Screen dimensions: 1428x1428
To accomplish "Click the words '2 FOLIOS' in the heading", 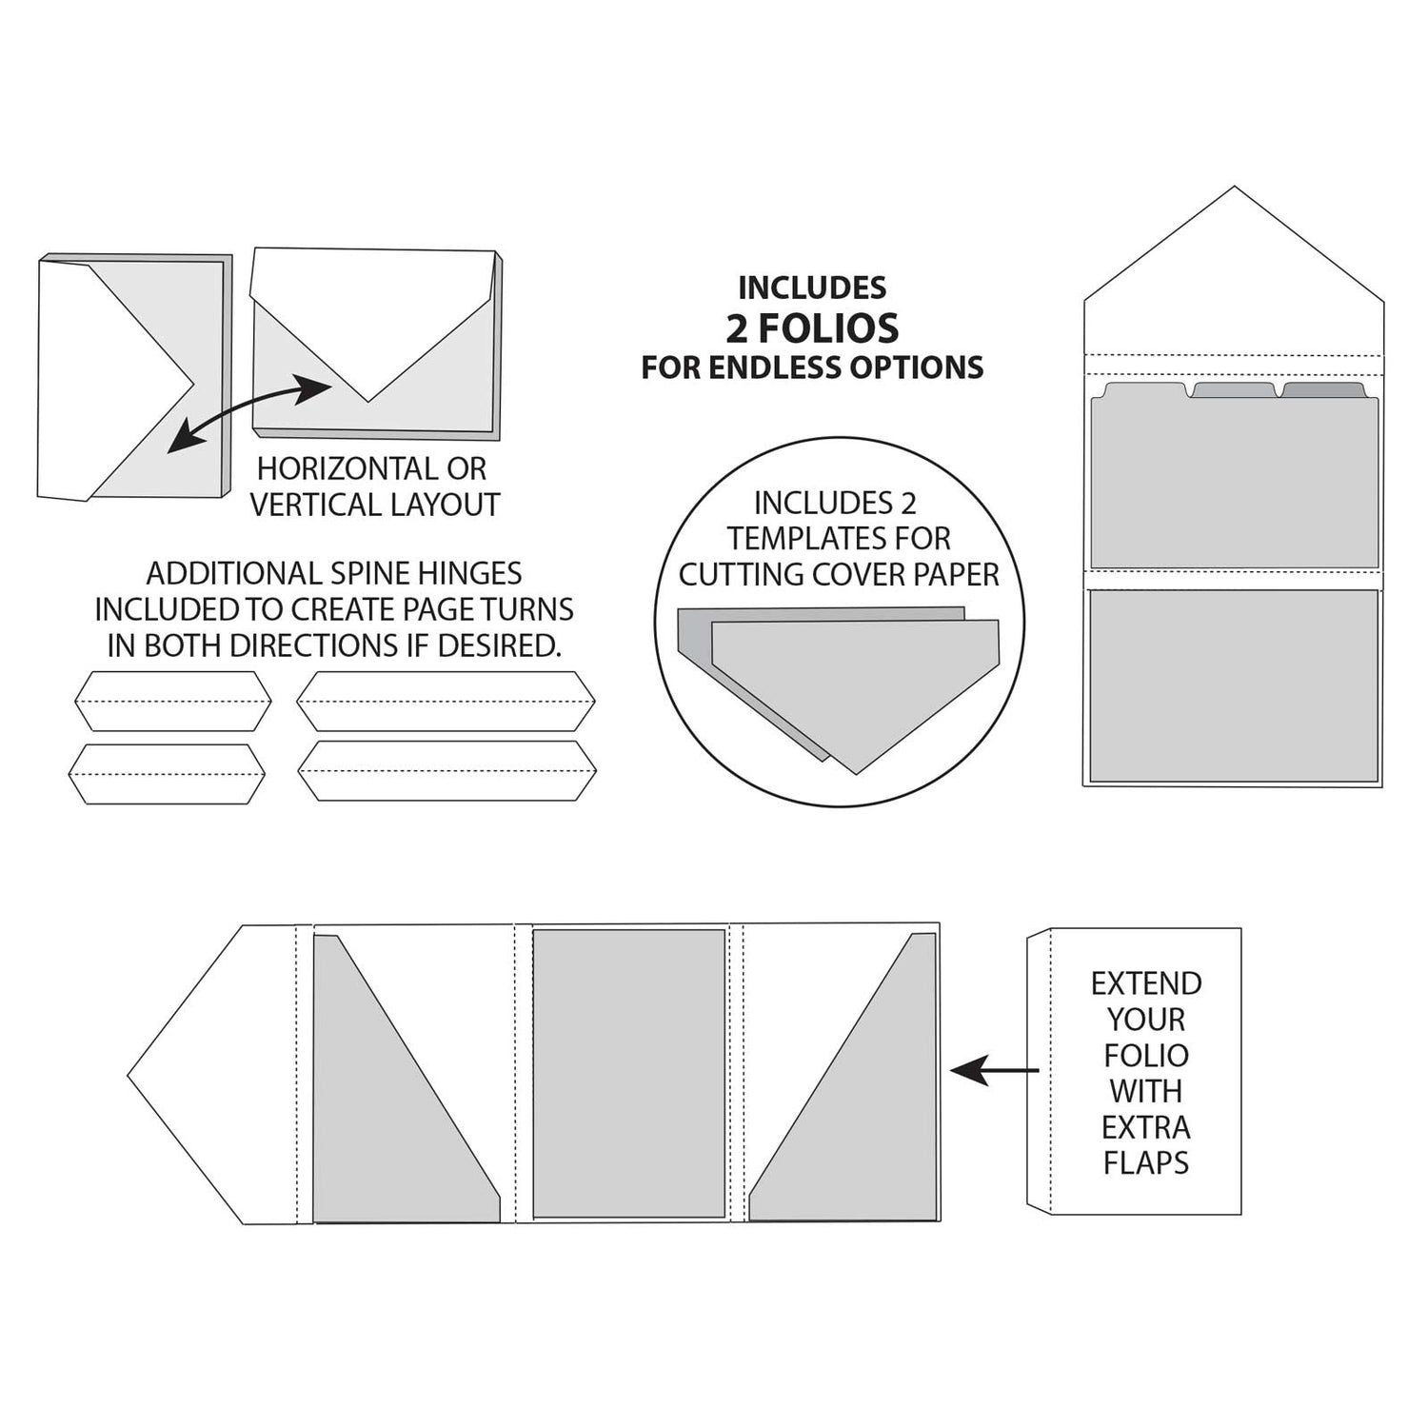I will click(812, 328).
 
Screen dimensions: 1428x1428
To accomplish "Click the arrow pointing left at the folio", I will click(994, 1071).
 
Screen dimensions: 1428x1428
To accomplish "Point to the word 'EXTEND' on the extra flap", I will click(1145, 983).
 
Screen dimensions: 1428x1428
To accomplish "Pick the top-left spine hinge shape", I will click(173, 701).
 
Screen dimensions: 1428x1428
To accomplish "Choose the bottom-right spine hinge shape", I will click(446, 770).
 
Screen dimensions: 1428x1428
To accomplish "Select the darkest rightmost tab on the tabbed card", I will click(1323, 390).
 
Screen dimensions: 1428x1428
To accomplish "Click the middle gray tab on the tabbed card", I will click(1234, 390).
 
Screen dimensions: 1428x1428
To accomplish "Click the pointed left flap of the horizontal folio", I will click(214, 1076).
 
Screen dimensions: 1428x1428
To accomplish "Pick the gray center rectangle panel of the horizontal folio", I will click(628, 1073).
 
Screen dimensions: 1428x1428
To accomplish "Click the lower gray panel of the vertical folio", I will click(1234, 685).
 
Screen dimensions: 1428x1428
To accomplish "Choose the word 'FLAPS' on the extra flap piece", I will click(1145, 1162).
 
